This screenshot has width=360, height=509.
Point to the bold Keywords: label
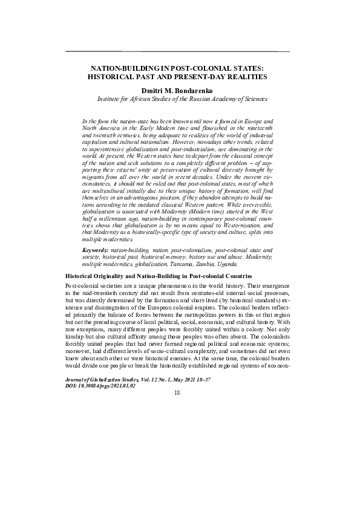pos(96,250)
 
